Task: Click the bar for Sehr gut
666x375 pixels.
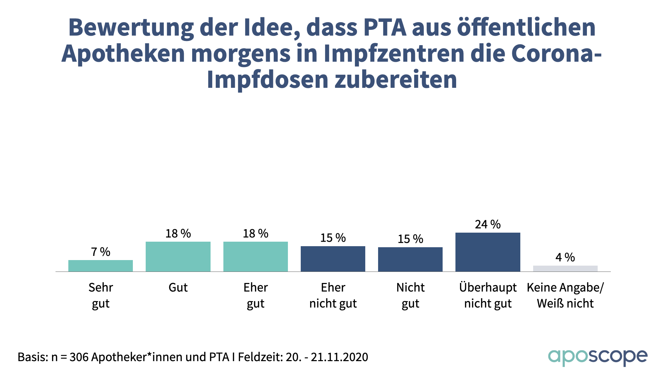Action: click(101, 266)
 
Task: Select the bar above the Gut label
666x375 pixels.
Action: click(178, 257)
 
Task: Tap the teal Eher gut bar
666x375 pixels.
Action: click(256, 257)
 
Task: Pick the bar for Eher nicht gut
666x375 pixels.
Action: click(333, 259)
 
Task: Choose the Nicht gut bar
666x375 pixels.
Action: click(410, 259)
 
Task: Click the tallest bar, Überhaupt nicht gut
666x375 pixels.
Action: click(488, 252)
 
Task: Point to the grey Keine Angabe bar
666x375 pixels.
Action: click(565, 268)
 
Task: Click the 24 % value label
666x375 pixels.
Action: click(488, 224)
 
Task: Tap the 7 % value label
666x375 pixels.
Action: click(101, 252)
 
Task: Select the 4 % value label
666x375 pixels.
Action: click(565, 257)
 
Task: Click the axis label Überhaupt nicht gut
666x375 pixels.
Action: click(488, 295)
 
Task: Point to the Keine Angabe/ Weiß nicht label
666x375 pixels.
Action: click(565, 295)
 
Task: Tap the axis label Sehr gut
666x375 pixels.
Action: click(101, 295)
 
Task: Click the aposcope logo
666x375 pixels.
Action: click(598, 357)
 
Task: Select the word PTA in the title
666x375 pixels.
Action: click(385, 27)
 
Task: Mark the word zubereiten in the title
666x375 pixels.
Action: click(396, 80)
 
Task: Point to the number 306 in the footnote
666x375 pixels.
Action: click(79, 357)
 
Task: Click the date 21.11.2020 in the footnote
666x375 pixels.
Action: click(339, 357)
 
